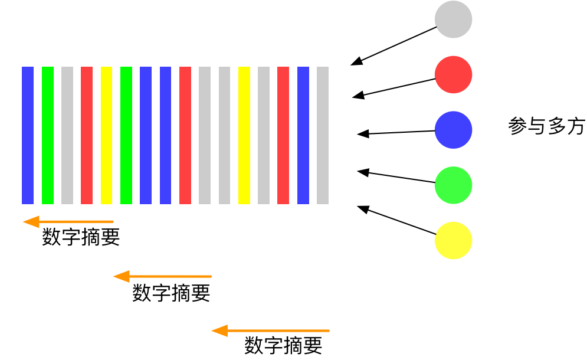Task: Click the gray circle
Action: click(x=453, y=19)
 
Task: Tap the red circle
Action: click(x=453, y=74)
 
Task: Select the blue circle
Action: click(x=453, y=130)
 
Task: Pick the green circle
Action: click(x=453, y=185)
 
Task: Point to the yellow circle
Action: click(x=453, y=240)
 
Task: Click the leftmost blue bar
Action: click(x=28, y=135)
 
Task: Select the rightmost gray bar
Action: click(x=323, y=135)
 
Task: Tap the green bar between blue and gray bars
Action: click(x=48, y=135)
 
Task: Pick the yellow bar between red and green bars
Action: click(x=106, y=135)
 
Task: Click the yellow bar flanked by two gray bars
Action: click(x=244, y=135)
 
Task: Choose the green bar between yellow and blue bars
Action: click(x=126, y=135)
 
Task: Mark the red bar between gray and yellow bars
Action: click(x=87, y=135)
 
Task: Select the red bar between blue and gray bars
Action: click(x=185, y=135)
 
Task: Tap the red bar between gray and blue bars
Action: click(x=283, y=135)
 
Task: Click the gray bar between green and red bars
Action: click(x=67, y=135)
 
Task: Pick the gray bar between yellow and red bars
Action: click(x=264, y=135)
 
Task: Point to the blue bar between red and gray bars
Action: click(x=303, y=135)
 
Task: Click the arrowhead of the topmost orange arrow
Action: click(x=31, y=222)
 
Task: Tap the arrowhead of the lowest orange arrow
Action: click(x=219, y=330)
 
